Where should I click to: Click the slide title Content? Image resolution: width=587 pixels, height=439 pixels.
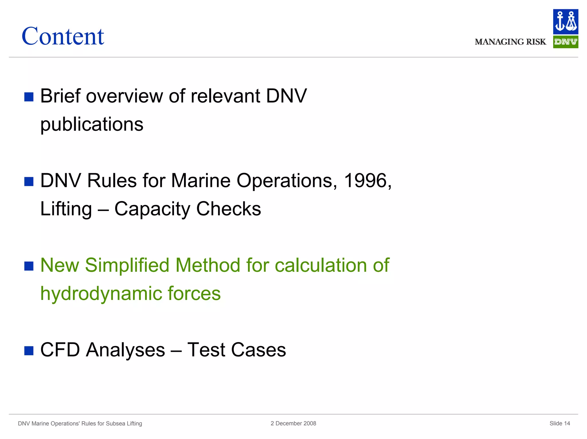(x=63, y=36)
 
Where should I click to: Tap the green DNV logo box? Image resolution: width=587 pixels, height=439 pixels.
(x=565, y=42)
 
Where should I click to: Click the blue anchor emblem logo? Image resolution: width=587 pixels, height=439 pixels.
(x=565, y=22)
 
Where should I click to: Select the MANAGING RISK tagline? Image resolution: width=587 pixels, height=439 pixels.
(x=510, y=42)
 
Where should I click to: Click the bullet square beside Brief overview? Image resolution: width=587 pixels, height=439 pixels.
(x=29, y=97)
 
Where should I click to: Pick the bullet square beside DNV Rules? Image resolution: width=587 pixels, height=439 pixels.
(x=29, y=182)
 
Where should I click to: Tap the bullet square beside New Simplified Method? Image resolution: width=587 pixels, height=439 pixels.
(x=29, y=266)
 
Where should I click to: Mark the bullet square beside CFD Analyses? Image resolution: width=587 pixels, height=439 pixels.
(x=29, y=350)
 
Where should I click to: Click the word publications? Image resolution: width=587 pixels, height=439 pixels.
(x=92, y=124)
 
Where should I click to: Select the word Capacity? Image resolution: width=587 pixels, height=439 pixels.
(x=152, y=209)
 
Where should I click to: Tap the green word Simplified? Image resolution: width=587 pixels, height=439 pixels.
(x=127, y=265)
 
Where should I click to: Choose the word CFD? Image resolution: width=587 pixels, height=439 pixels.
(x=60, y=350)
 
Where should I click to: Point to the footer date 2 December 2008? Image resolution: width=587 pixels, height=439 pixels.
(x=293, y=423)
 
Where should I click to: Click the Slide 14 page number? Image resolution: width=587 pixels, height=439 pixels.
(x=559, y=423)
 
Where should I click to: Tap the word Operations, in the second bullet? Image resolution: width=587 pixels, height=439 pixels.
(x=287, y=181)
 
